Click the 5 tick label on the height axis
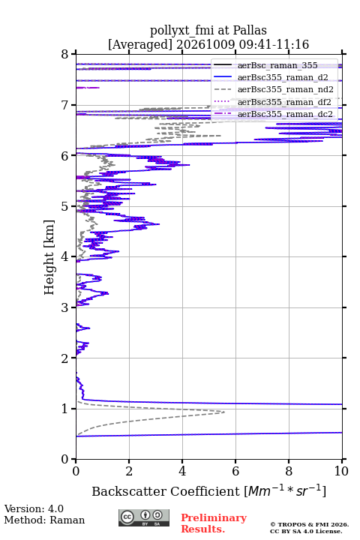pyautogui.click(x=64, y=207)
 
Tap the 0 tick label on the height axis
pyautogui.click(x=64, y=459)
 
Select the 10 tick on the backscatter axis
pyautogui.click(x=342, y=461)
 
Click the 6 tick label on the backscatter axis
pyautogui.click(x=235, y=471)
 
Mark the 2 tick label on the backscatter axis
pyautogui.click(x=129, y=471)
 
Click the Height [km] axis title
pyautogui.click(x=49, y=257)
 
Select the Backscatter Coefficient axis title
pyautogui.click(x=208, y=490)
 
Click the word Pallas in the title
pyautogui.click(x=250, y=30)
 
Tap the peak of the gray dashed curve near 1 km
pyautogui.click(x=224, y=412)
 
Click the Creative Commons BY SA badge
pyautogui.click(x=144, y=518)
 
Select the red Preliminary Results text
pyautogui.click(x=214, y=523)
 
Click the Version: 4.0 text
pyautogui.click(x=34, y=508)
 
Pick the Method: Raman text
pyautogui.click(x=44, y=520)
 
